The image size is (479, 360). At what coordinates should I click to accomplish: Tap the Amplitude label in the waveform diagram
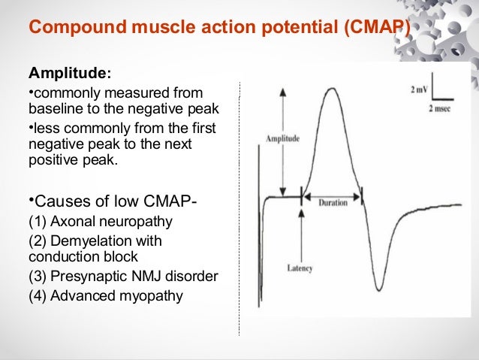(x=282, y=139)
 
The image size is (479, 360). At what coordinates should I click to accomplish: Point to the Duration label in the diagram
(x=331, y=203)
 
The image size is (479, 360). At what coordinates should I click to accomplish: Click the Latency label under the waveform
(x=300, y=268)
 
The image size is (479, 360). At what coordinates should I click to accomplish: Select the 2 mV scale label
(x=419, y=90)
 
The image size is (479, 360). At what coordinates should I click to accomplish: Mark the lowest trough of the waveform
(x=380, y=289)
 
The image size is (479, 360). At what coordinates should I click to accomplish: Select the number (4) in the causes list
(x=38, y=295)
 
